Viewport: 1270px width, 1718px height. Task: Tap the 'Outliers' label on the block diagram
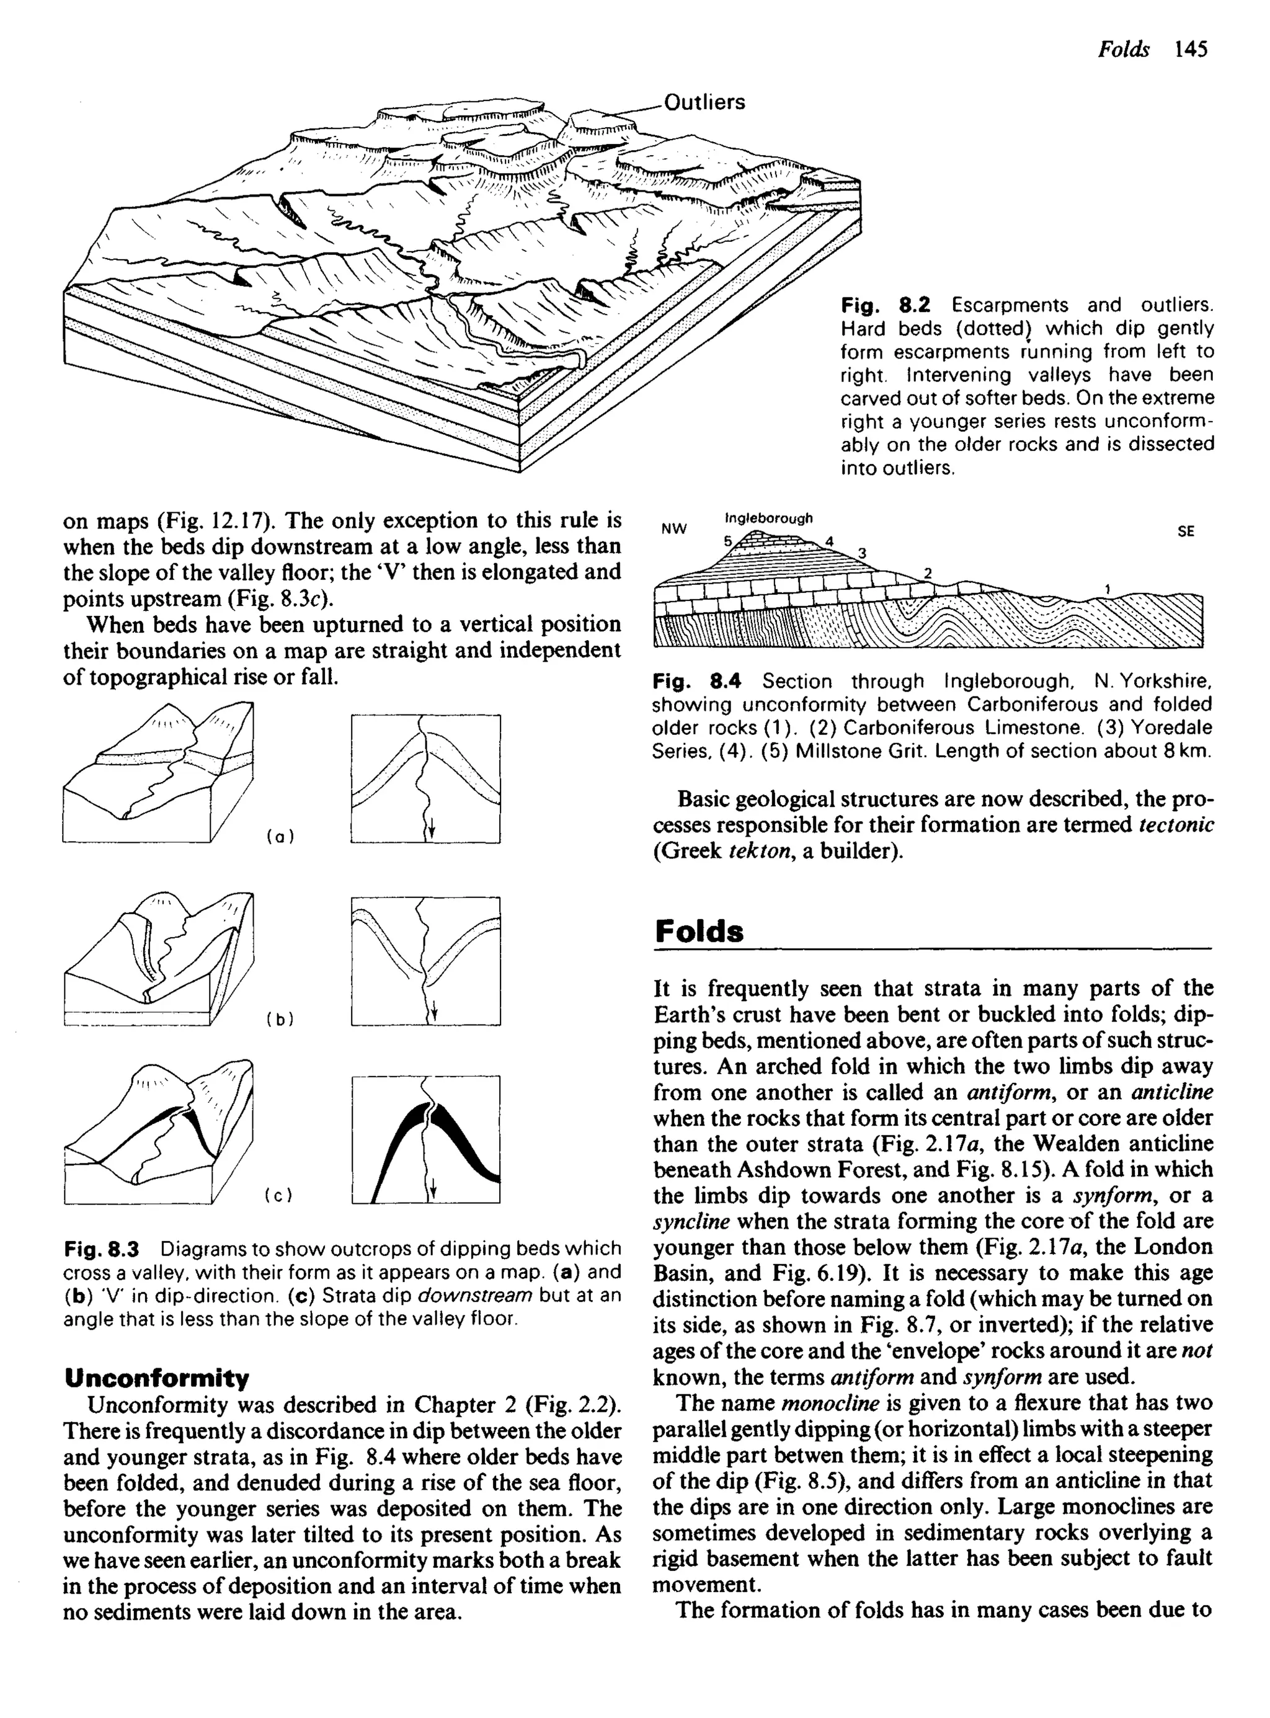point(704,102)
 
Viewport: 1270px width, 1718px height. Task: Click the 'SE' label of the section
point(1186,531)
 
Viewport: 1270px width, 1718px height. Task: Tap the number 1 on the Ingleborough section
point(1107,588)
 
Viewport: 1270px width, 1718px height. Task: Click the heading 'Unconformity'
point(157,1378)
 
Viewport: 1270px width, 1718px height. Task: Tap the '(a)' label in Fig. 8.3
point(280,836)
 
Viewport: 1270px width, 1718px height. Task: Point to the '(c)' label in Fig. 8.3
point(280,1195)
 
